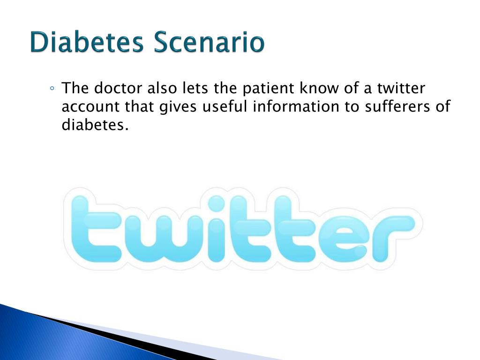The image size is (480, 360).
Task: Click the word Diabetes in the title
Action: point(87,42)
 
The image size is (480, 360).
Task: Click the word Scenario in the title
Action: point(209,42)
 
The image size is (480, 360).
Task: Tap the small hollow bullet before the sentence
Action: point(52,89)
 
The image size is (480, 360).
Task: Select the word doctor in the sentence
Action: point(118,88)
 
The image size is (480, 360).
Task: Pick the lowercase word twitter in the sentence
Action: point(401,88)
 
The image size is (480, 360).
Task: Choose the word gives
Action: point(178,107)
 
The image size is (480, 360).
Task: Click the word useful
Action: point(225,106)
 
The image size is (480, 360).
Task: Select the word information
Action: point(296,106)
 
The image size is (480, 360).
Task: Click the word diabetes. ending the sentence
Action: point(95,125)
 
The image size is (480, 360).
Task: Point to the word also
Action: point(162,88)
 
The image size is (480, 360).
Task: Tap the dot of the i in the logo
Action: point(217,203)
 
